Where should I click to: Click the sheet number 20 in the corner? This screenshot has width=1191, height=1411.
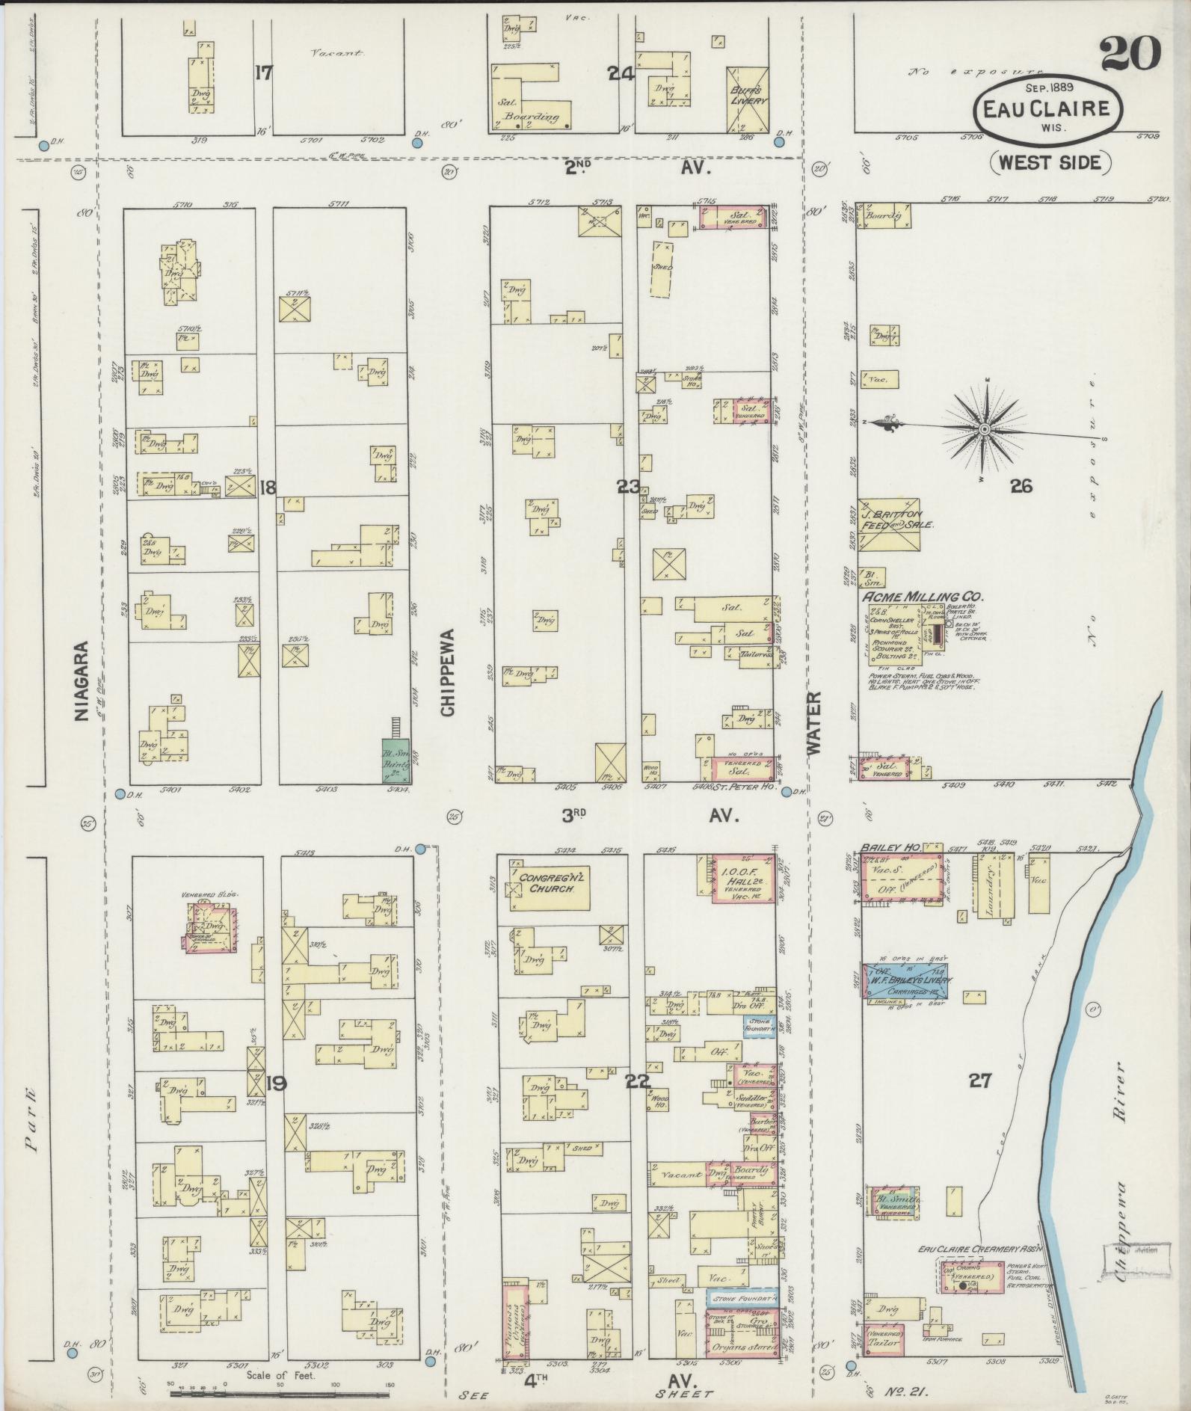(1129, 54)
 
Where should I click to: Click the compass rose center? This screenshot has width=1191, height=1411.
(984, 429)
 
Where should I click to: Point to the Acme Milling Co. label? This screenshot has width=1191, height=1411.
(923, 597)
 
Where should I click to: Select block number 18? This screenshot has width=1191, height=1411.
(267, 488)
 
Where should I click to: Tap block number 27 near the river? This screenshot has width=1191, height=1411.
(980, 1080)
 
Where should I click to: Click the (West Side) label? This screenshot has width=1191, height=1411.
(1050, 162)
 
